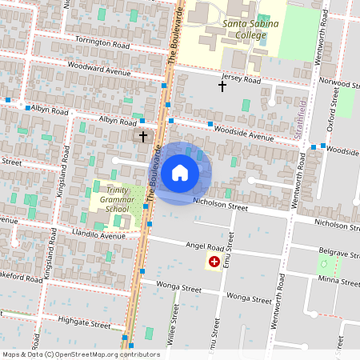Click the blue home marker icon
click(x=180, y=172)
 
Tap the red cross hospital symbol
click(x=214, y=262)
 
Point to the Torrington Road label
click(x=102, y=42)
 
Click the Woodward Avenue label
click(x=98, y=70)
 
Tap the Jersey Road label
click(x=242, y=80)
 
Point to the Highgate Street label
click(x=84, y=323)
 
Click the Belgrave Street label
click(x=339, y=253)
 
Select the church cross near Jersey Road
click(x=222, y=86)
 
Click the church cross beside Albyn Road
click(x=143, y=137)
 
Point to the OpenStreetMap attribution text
click(x=81, y=354)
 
